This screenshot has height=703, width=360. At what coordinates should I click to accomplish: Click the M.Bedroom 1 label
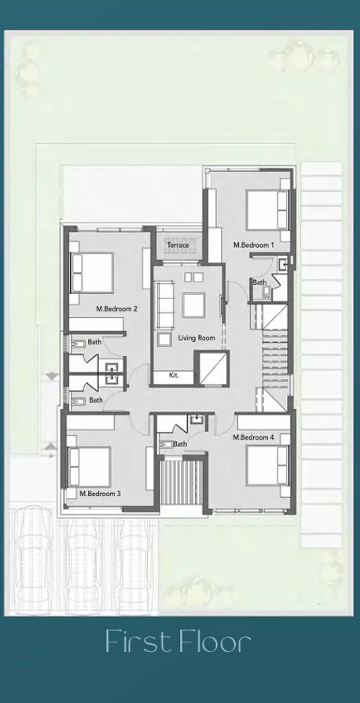pos(253,245)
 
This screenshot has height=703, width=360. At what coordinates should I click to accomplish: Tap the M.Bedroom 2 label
pos(116,309)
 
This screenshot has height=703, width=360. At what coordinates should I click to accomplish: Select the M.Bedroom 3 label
pos(100,494)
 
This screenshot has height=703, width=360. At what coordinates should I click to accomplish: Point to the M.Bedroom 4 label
pos(253,437)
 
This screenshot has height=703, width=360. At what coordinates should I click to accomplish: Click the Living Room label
pos(196,338)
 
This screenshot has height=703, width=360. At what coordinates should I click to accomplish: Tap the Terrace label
pos(178,245)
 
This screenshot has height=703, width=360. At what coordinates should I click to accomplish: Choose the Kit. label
pos(174,376)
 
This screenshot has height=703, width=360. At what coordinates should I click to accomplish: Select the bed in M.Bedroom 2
pos(92,272)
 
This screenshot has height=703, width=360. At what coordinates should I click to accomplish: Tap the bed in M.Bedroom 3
pos(89,466)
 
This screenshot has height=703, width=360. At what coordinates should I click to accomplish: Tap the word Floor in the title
pos(214,642)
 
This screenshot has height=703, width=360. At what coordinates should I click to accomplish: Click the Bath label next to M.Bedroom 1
pos(259,282)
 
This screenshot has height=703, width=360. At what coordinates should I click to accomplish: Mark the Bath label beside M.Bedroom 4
pos(180,444)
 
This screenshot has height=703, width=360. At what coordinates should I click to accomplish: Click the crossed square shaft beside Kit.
pos(211,370)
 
